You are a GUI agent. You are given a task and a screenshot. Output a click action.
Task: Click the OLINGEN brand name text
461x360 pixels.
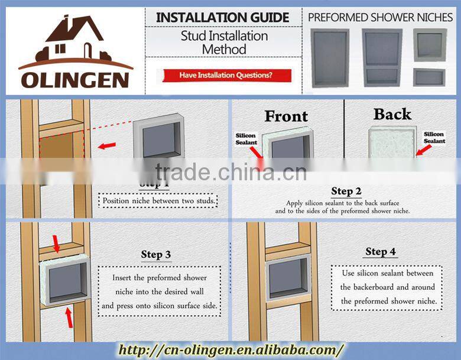pyautogui.click(x=76, y=79)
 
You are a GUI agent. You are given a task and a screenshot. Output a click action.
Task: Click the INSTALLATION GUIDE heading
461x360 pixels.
pyautogui.click(x=223, y=18)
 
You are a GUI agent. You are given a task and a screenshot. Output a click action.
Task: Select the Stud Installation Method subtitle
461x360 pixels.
pyautogui.click(x=223, y=43)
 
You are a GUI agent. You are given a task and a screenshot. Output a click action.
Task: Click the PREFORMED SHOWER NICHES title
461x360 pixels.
pyautogui.click(x=381, y=17)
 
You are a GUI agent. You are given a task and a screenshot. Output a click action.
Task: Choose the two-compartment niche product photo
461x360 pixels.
pyautogui.click(x=382, y=59)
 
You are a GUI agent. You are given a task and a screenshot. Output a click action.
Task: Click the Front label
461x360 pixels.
pyautogui.click(x=286, y=116)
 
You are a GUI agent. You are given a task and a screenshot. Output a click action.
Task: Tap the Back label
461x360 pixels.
pyautogui.click(x=392, y=114)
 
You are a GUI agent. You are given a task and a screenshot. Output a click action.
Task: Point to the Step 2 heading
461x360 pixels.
pyautogui.click(x=346, y=191)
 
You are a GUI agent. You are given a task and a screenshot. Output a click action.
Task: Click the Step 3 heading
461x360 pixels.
pyautogui.click(x=156, y=255)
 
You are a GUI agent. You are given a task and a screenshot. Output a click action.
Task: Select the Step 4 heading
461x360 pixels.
pyautogui.click(x=381, y=252)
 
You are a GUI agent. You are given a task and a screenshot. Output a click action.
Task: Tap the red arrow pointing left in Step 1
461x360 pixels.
pyautogui.click(x=107, y=145)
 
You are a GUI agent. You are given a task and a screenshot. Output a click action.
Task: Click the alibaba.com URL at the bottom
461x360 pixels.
pyautogui.click(x=230, y=349)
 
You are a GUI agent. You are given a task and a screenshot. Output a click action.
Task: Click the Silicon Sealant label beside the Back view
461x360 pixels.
pyautogui.click(x=434, y=138)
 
